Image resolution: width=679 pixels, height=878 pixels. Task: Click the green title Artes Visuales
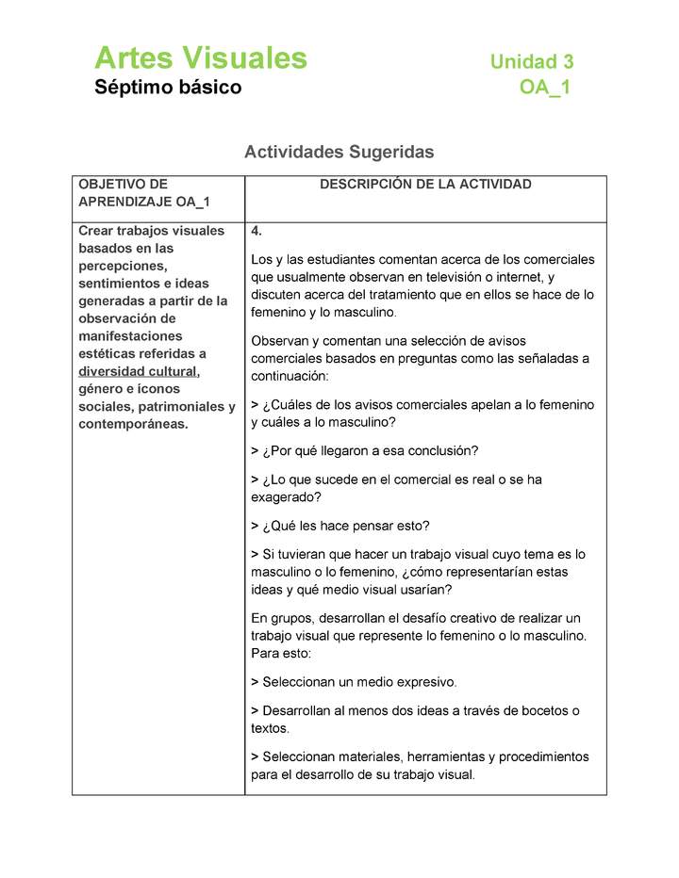(x=200, y=58)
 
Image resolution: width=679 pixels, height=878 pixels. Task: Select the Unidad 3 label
(x=531, y=62)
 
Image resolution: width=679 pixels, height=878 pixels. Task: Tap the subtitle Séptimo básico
(x=168, y=88)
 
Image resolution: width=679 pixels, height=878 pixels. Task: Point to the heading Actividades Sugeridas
(x=339, y=152)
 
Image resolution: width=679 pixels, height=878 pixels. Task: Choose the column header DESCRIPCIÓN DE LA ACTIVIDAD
(x=425, y=185)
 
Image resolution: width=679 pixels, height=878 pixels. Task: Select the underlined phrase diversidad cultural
(x=138, y=371)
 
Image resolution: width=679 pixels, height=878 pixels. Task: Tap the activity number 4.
(x=257, y=232)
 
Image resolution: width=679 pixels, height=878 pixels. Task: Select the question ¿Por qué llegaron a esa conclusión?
(x=370, y=450)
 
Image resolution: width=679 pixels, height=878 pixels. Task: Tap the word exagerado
(x=286, y=496)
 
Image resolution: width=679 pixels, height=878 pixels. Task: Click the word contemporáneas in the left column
(x=133, y=424)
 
